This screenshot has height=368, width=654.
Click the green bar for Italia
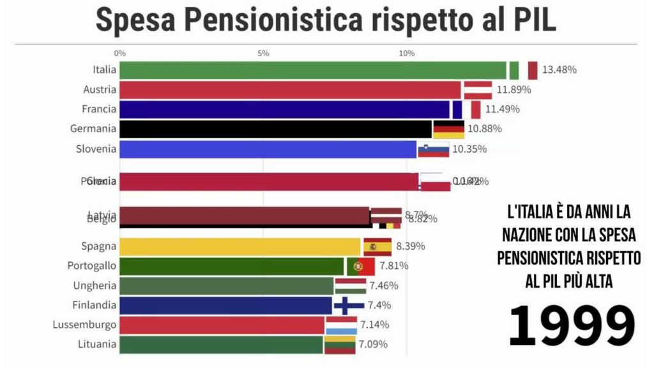tap(313, 70)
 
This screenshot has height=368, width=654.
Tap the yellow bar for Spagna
tap(240, 247)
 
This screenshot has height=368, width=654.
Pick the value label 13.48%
tap(559, 70)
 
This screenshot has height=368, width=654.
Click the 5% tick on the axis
tap(263, 53)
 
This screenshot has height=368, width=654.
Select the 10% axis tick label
tap(407, 53)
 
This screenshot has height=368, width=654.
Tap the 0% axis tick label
tap(119, 53)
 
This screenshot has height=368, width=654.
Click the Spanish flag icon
tap(377, 247)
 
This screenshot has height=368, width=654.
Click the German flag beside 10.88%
tap(449, 129)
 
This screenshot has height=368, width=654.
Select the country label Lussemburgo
tap(84, 325)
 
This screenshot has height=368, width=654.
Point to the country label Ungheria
tap(95, 286)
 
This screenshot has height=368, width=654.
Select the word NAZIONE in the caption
tap(536, 235)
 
